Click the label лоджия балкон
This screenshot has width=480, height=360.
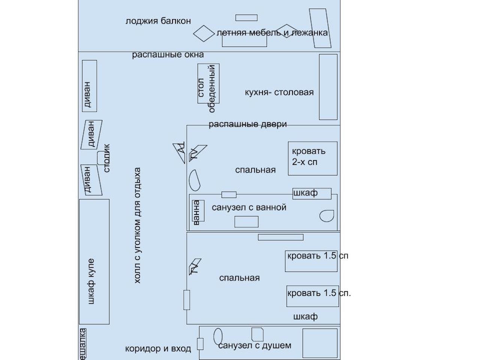click(158, 21)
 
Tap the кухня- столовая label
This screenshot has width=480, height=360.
click(279, 92)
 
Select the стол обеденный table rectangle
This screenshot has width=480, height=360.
click(208, 83)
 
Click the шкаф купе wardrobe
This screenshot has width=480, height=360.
click(94, 261)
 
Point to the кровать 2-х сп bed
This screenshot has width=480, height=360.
click(312, 158)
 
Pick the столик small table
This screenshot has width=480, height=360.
click(102, 158)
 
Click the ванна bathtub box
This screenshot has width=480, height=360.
click(197, 211)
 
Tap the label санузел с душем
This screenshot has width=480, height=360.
click(254, 345)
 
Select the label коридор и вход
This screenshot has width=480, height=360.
click(158, 349)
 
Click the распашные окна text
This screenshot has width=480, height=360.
click(168, 55)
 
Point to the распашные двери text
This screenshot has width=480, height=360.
click(247, 124)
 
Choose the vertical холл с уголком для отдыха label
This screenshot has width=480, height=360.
click(137, 225)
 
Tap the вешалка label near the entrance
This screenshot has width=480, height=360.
click(83, 344)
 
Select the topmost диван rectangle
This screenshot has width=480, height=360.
click(89, 85)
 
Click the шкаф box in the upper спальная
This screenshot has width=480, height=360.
click(312, 193)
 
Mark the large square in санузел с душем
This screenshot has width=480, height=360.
click(320, 343)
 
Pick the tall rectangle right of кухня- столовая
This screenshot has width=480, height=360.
click(328, 87)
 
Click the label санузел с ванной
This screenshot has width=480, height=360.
click(249, 207)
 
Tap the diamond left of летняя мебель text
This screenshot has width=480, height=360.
click(204, 33)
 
